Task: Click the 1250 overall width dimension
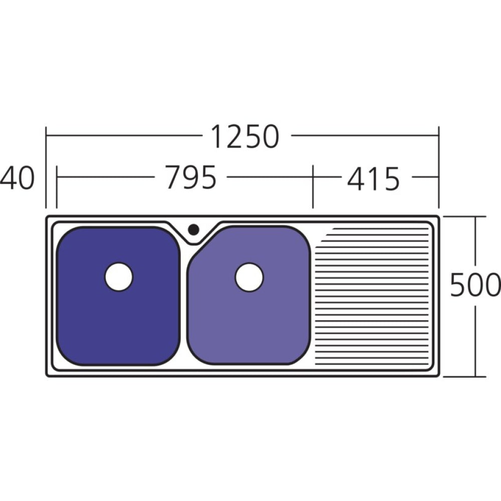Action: click(245, 136)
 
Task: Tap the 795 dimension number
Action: click(191, 177)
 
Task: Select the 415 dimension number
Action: click(373, 179)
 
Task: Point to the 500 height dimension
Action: click(474, 285)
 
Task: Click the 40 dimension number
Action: click(17, 178)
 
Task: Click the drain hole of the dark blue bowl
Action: click(119, 277)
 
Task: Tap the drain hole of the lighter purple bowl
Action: click(249, 277)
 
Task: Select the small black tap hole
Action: click(193, 229)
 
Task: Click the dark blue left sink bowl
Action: click(118, 296)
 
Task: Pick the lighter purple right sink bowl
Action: click(249, 295)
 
